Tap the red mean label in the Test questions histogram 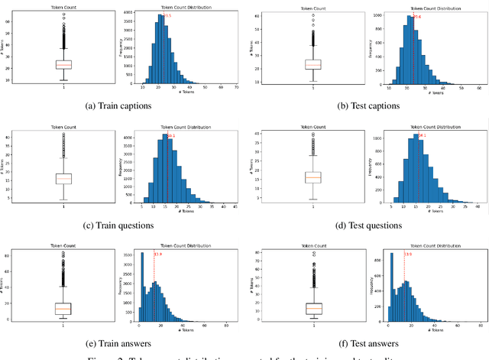pos(422,136)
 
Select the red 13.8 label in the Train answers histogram pos(157,255)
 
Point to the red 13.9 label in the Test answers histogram pos(408,255)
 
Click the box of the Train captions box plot pos(63,65)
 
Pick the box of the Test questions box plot pos(313,177)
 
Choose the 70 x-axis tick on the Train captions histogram pos(236,89)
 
